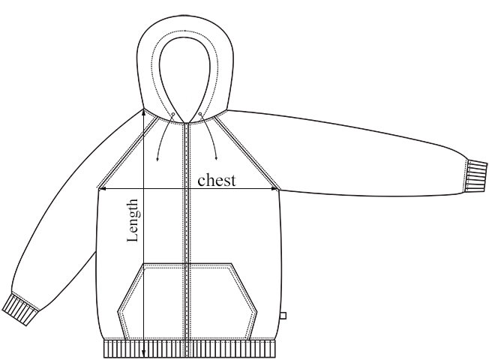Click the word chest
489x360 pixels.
click(x=217, y=180)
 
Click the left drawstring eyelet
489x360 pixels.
click(x=172, y=115)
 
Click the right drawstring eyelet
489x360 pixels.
click(x=200, y=115)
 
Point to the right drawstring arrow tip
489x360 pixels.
click(x=217, y=158)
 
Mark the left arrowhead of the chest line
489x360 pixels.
click(x=101, y=189)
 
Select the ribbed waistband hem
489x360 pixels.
click(x=187, y=349)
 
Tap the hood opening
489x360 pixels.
click(x=185, y=71)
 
